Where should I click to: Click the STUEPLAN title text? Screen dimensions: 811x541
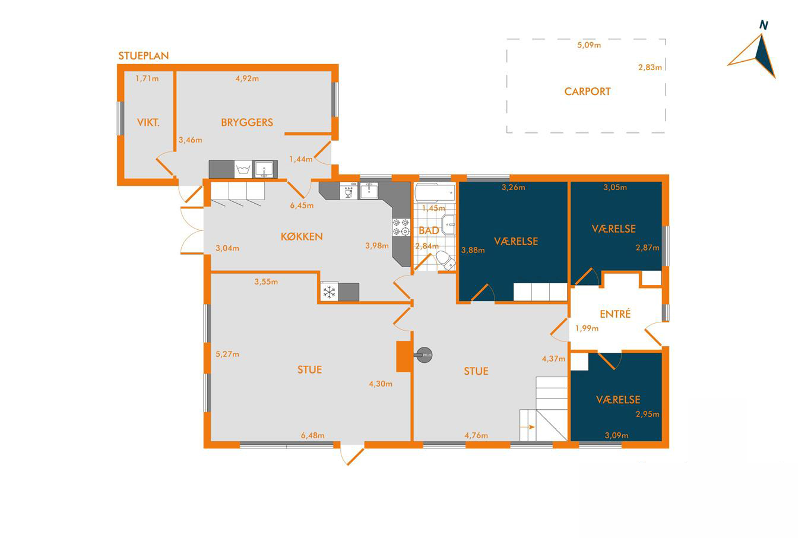tap(143, 56)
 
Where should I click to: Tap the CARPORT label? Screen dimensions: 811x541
tap(587, 91)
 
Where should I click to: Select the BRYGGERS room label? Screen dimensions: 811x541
tap(247, 122)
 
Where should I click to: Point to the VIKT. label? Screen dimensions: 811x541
tap(148, 123)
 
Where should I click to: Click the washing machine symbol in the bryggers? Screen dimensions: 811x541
tap(243, 169)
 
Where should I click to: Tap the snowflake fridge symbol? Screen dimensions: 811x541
tap(329, 292)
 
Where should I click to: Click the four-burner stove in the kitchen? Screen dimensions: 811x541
tap(401, 227)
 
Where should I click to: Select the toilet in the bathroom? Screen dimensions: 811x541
tap(445, 260)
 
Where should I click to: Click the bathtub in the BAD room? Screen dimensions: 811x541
tap(435, 193)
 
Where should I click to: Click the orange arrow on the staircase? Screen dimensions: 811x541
tap(528, 428)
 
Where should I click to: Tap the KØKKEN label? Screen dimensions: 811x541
tap(302, 237)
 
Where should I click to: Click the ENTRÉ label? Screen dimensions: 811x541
tap(615, 314)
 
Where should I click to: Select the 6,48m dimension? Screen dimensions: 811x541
tap(312, 435)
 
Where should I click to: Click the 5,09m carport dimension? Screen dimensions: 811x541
tap(589, 45)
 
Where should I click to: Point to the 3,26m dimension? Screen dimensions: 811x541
tap(513, 187)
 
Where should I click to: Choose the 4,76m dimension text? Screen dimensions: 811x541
tap(476, 435)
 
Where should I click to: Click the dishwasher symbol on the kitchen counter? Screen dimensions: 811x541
tap(349, 191)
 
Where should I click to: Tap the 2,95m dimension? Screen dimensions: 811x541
tap(647, 414)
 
